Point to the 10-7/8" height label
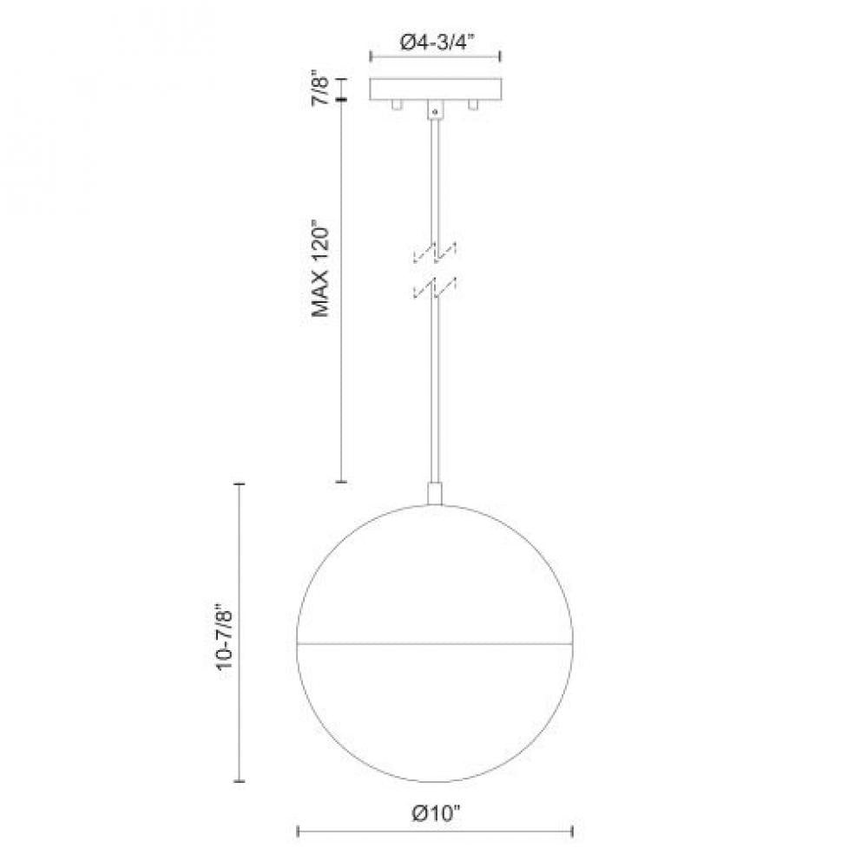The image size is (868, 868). [224, 631]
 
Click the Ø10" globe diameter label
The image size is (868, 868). [436, 814]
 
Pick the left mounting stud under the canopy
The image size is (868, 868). [397, 105]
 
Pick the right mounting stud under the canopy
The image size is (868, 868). [473, 105]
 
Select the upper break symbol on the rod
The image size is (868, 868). [435, 252]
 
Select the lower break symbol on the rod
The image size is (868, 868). [435, 289]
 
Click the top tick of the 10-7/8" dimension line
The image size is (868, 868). [240, 483]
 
